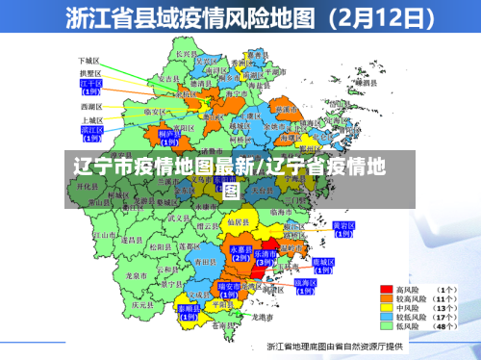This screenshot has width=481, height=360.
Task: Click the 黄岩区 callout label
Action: (343, 228)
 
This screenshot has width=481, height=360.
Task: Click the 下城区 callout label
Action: (90, 60)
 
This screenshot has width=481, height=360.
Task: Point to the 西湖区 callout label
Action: (90, 106)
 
